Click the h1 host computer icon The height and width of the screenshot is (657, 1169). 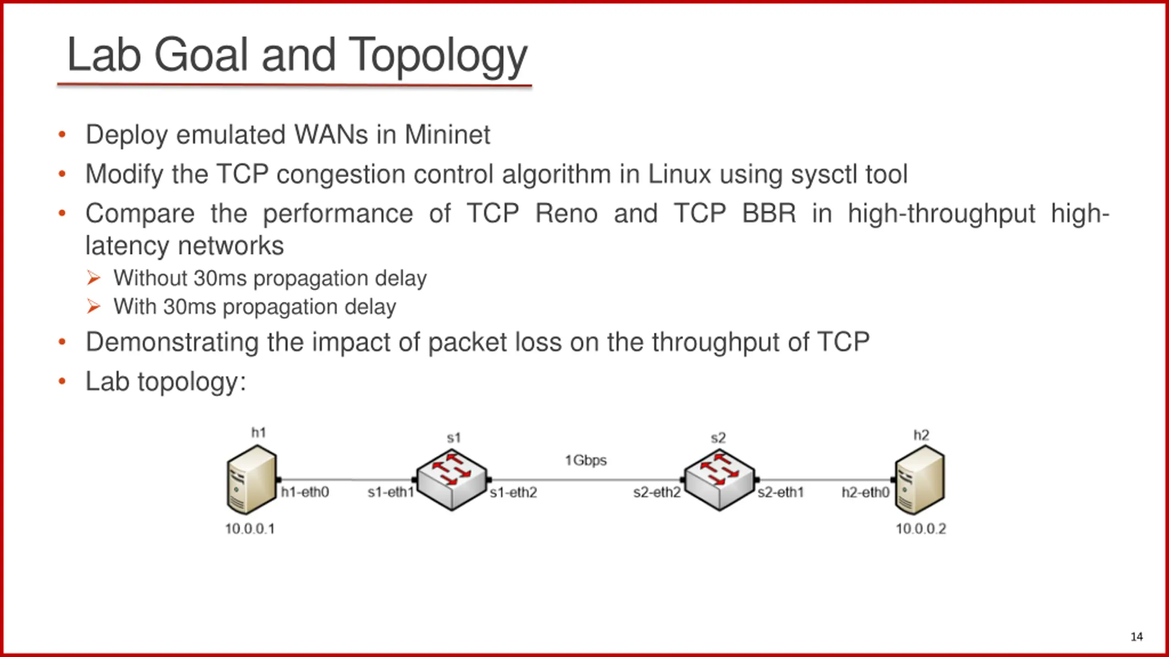(x=252, y=480)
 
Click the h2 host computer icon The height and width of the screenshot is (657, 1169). (x=920, y=480)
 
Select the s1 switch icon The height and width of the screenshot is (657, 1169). (x=452, y=480)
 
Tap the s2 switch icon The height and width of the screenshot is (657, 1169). (x=719, y=480)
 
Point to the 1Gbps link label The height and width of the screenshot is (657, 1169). (x=585, y=460)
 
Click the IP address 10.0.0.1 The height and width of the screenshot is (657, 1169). (x=250, y=529)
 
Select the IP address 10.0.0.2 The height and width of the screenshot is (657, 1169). (x=921, y=529)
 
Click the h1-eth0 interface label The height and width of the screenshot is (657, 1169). (x=305, y=492)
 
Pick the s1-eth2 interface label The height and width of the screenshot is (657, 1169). (x=513, y=493)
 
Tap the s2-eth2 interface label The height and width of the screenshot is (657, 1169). (x=657, y=493)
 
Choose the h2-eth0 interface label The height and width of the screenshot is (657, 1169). (x=865, y=493)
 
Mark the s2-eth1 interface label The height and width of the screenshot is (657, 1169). (x=780, y=493)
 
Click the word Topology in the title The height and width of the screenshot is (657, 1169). (x=437, y=56)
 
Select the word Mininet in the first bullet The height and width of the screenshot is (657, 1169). (x=447, y=135)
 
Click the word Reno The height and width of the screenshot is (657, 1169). (x=566, y=214)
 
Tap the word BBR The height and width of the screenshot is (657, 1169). (x=769, y=214)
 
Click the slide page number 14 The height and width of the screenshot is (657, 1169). (x=1137, y=636)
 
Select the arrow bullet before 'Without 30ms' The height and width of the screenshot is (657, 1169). (x=94, y=278)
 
